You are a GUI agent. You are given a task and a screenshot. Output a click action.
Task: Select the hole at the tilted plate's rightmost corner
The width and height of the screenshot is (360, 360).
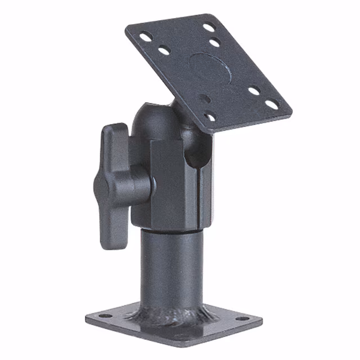click(272, 104)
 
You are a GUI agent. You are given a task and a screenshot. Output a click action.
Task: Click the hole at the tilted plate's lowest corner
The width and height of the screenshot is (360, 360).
click(210, 118)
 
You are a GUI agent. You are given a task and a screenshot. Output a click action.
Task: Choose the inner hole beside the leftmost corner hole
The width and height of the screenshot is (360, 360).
click(164, 51)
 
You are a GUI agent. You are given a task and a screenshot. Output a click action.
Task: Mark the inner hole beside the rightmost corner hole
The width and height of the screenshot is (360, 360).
click(254, 90)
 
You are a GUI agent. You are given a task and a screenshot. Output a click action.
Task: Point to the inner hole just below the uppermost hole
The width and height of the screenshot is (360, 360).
click(214, 42)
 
